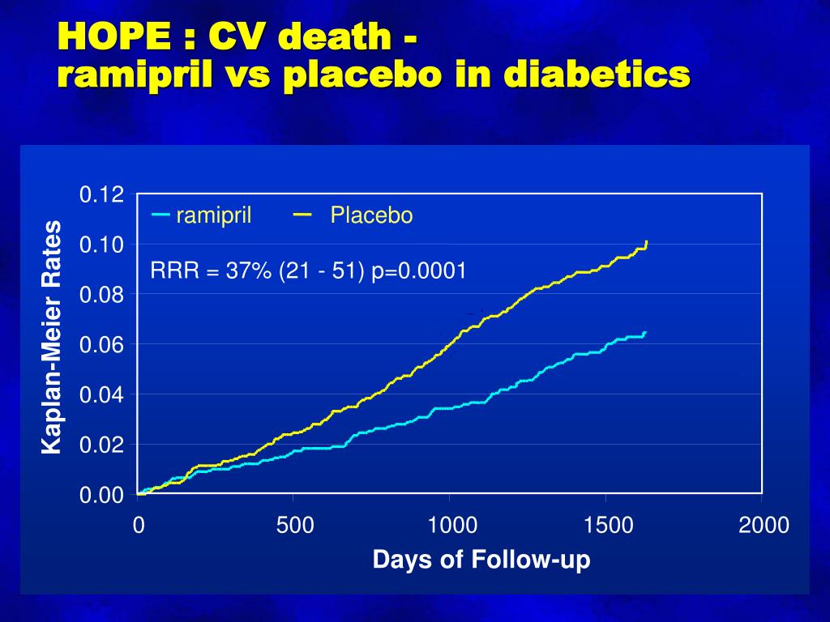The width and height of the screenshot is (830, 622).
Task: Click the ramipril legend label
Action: tap(214, 215)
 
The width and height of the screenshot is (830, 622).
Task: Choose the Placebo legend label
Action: tap(371, 215)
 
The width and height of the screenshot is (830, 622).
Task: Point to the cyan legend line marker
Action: tap(160, 215)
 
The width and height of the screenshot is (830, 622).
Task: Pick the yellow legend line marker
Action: tap(303, 215)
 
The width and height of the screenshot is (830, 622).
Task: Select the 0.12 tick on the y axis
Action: tap(101, 195)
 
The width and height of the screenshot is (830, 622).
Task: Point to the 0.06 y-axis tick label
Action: tap(101, 345)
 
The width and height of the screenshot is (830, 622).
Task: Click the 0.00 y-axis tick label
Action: tap(101, 495)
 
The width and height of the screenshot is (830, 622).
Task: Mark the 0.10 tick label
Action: tap(101, 245)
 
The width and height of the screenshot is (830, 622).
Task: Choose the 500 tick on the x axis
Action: tap(294, 526)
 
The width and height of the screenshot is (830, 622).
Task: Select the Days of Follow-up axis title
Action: tap(481, 560)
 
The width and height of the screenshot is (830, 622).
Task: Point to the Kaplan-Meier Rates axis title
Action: tap(52, 337)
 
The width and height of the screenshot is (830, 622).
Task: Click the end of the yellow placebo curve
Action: tap(646, 242)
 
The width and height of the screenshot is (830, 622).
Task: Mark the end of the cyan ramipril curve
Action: tap(645, 332)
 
